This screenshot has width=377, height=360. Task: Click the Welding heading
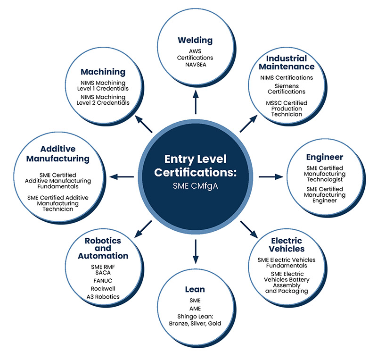click(195, 40)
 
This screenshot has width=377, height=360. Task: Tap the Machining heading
click(103, 72)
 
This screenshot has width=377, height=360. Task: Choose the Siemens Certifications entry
click(286, 88)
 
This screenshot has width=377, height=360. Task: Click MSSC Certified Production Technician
click(286, 109)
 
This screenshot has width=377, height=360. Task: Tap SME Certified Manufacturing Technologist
click(324, 174)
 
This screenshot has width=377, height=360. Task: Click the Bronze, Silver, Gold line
click(195, 323)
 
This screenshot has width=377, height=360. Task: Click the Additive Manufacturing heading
click(57, 153)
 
